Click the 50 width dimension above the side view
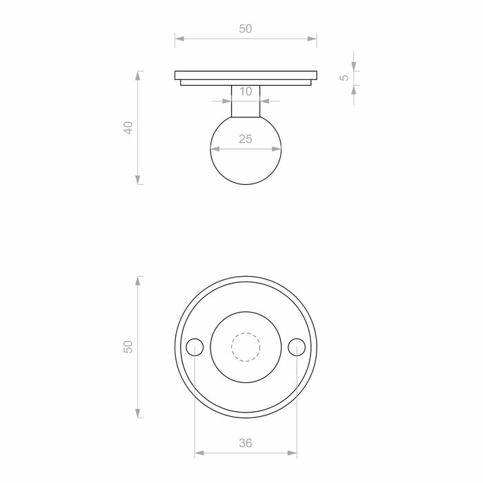pos(246,29)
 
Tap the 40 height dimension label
pos(128,128)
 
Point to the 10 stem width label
pos(246,91)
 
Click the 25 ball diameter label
pos(246,139)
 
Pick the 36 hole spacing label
pos(246,444)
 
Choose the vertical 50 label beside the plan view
pos(128,347)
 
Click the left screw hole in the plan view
pos(195,347)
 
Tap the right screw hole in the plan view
pos(297,347)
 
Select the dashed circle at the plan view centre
pos(246,347)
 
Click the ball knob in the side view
pos(246,162)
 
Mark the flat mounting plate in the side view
pos(246,75)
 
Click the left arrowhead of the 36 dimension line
pos(199,453)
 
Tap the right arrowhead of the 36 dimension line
pos(293,453)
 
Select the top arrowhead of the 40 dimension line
pos(139,74)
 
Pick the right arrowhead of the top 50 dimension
pos(313,38)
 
